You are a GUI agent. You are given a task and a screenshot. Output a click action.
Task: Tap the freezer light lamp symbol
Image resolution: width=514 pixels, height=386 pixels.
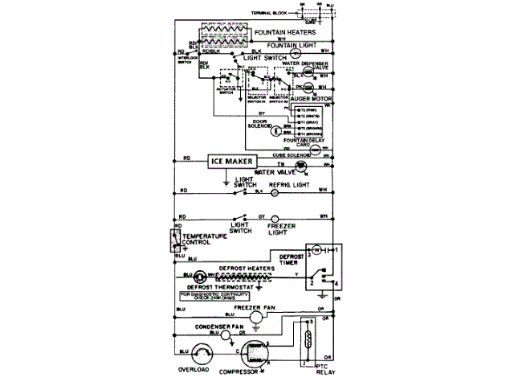point(272,218)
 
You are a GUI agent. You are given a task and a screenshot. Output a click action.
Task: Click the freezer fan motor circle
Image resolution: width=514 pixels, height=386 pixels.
point(255,318)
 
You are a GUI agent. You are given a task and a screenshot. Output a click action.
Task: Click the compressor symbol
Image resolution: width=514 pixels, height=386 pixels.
point(254,355)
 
